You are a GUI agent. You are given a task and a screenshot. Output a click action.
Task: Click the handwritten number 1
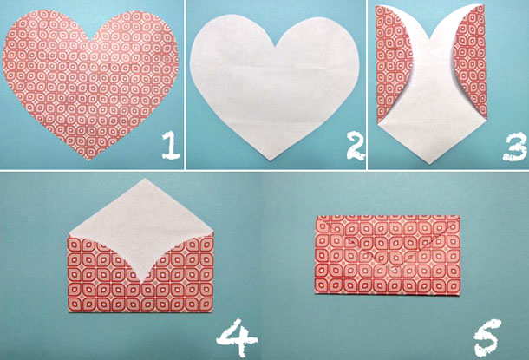[x=171, y=145]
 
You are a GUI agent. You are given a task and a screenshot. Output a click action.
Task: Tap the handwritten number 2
[x=356, y=146]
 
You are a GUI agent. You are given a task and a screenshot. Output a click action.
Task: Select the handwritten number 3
[x=514, y=147]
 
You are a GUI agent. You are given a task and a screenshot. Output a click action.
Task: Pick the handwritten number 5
[x=487, y=338]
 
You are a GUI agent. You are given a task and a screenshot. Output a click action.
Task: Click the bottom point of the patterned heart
[x=88, y=160]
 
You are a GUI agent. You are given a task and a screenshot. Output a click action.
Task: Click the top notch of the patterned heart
[x=92, y=41]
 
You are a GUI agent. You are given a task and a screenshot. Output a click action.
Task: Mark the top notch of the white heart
[x=276, y=46]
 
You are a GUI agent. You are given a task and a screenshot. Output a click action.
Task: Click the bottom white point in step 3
[x=429, y=164]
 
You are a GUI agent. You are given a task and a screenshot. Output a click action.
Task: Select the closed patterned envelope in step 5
[x=388, y=255]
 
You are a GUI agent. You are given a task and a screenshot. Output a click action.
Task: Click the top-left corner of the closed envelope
[x=317, y=216]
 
